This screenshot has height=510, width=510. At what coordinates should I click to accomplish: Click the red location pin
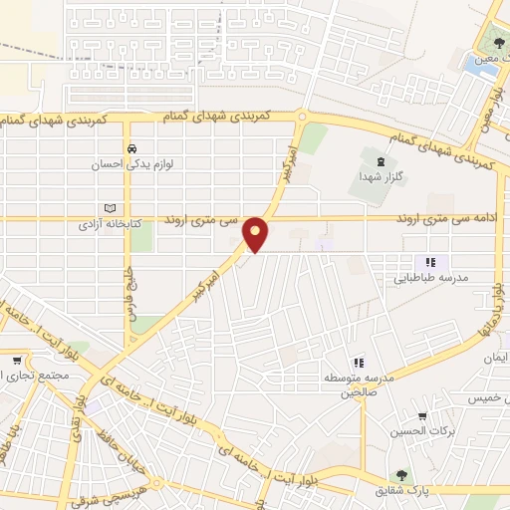tap(257, 233)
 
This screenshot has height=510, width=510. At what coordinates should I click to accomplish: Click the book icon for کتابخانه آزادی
tap(111, 209)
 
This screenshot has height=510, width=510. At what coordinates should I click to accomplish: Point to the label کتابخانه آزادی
tap(111, 225)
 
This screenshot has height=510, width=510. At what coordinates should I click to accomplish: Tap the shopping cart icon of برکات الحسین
tap(422, 416)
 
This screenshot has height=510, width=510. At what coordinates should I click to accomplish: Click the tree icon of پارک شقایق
tap(401, 475)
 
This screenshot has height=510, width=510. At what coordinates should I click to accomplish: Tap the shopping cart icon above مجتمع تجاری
tap(18, 359)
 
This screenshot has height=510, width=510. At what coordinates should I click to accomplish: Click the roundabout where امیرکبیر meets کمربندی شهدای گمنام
tap(301, 118)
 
